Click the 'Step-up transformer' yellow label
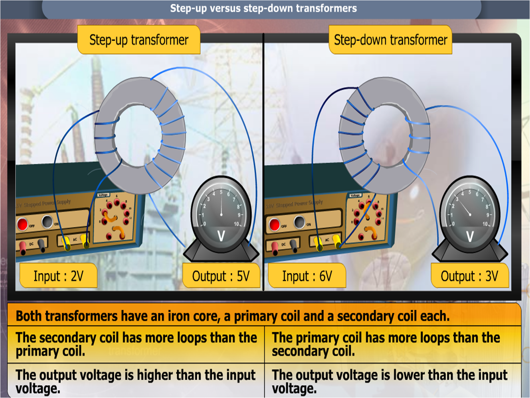click(139, 40)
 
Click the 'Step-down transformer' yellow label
click(390, 40)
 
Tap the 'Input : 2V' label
click(58, 276)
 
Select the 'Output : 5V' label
click(221, 276)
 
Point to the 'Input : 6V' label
click(307, 276)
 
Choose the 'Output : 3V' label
click(469, 276)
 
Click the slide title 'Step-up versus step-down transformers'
click(263, 8)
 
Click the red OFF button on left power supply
click(22, 224)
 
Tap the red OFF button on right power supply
click(274, 224)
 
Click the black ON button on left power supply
click(47, 221)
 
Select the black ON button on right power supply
click(299, 222)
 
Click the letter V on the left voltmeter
click(221, 236)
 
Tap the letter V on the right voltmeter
click(470, 236)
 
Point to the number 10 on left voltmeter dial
click(237, 224)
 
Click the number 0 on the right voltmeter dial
click(453, 224)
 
